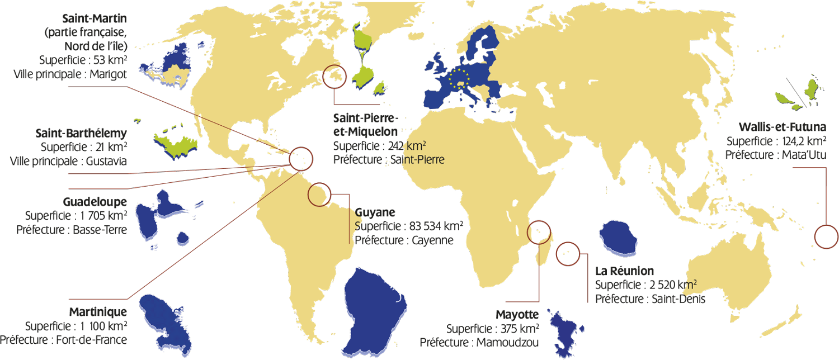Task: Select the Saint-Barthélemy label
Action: pyautogui.click(x=81, y=134)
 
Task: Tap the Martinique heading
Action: pyautogui.click(x=98, y=311)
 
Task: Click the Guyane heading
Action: pyautogui.click(x=375, y=212)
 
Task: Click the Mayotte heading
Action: pyautogui.click(x=517, y=314)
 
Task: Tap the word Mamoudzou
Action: pyautogui.click(x=508, y=342)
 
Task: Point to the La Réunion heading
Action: pyautogui.click(x=624, y=271)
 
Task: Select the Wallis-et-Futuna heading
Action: pyautogui.click(x=782, y=127)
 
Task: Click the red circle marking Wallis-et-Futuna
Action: pyautogui.click(x=827, y=236)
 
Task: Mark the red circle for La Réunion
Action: pyautogui.click(x=569, y=253)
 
